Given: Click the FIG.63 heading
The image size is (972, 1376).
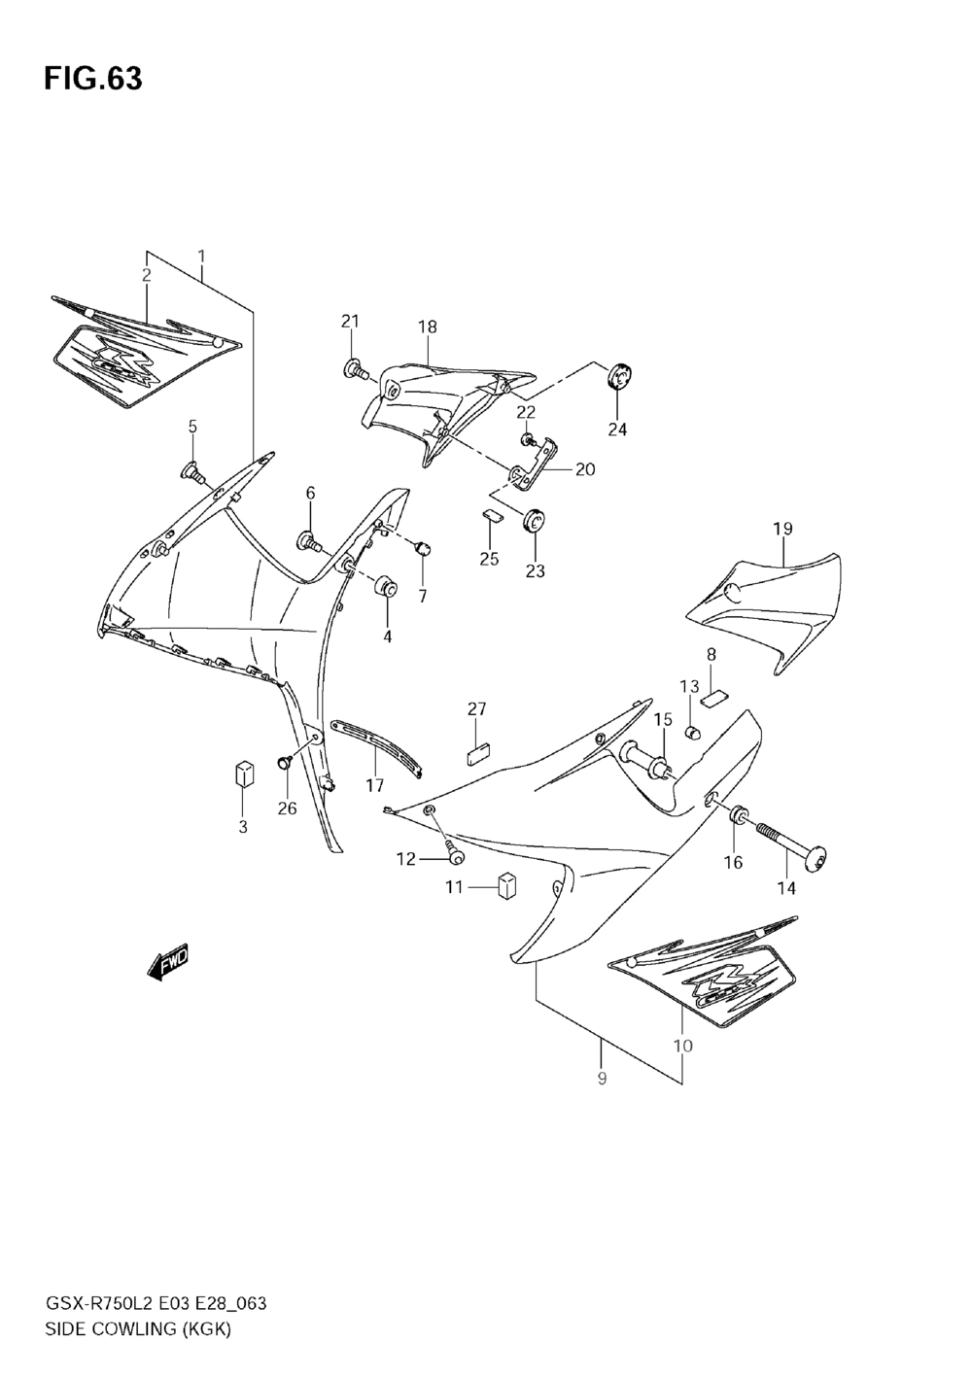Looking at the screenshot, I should (92, 80).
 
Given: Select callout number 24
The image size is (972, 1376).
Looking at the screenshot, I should (618, 430).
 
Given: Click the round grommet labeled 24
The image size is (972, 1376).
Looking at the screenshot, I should (617, 375).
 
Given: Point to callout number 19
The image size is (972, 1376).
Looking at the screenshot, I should (782, 529).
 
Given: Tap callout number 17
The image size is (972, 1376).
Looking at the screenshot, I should (375, 784).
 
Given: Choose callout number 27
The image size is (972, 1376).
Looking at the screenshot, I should (476, 709).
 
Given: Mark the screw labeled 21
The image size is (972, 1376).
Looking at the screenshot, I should (356, 369).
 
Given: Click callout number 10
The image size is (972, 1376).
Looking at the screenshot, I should (682, 1046).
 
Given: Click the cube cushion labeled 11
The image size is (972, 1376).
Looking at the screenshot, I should (505, 886).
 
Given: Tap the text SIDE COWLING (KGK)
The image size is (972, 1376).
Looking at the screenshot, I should (137, 1329).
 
